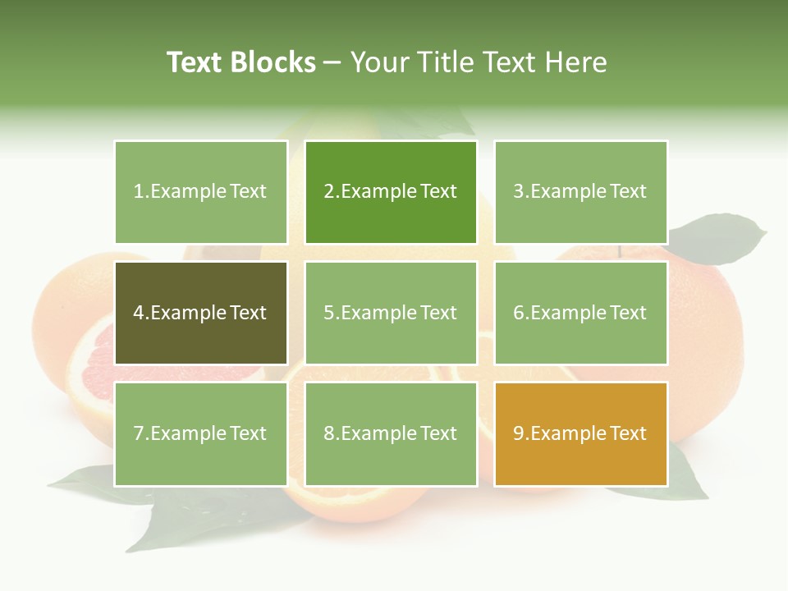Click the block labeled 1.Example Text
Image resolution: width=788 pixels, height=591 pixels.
pos(200,192)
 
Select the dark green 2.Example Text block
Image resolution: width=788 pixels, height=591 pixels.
pos(391,192)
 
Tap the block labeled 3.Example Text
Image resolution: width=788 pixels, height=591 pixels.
pos(580,192)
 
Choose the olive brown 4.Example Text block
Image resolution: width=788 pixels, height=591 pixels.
pos(200,313)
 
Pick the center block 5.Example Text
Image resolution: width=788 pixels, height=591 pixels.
pos(391,313)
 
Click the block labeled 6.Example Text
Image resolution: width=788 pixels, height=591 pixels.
pos(580,313)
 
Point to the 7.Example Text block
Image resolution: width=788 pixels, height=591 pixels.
pos(200,433)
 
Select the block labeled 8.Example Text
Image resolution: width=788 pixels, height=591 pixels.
pos(391,433)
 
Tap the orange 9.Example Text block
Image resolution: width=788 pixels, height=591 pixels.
pos(580,433)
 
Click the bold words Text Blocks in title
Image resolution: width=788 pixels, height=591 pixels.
pos(241,62)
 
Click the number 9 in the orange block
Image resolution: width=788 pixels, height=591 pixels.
pos(518,433)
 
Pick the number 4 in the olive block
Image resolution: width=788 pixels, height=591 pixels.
pos(139,313)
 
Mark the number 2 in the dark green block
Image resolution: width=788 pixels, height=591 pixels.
pos(328,192)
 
